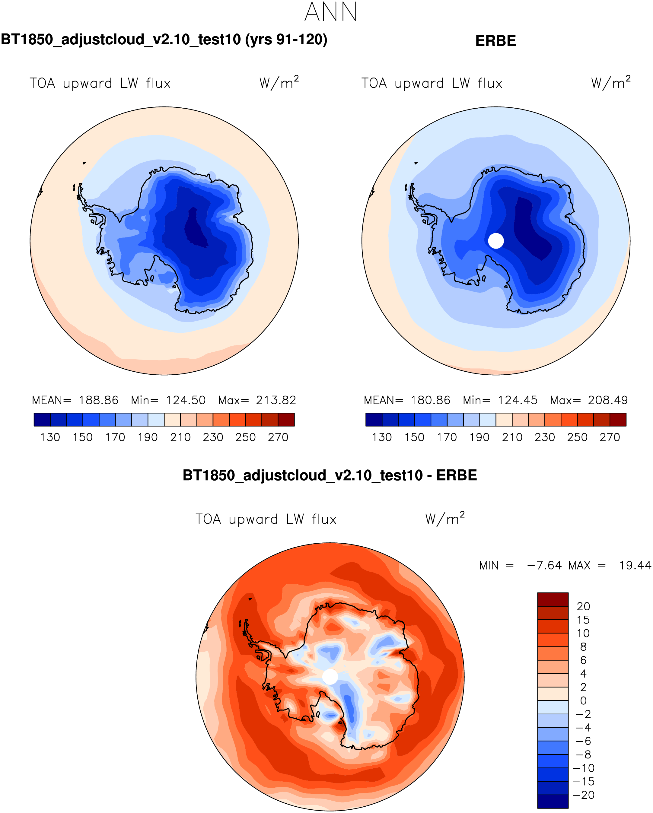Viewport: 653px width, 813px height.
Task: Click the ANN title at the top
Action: [x=330, y=12]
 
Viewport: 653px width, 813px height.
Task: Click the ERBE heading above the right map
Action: [x=495, y=41]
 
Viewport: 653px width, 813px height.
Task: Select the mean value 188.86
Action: [x=98, y=400]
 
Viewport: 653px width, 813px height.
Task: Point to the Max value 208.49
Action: [x=607, y=400]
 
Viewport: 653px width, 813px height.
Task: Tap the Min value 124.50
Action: [x=186, y=400]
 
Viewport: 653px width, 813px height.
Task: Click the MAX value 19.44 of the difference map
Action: [x=635, y=566]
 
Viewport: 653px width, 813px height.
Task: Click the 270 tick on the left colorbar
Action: [x=278, y=437]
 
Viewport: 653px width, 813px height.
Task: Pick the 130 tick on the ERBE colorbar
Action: [x=382, y=437]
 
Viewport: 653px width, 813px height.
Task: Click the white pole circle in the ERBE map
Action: [x=496, y=241]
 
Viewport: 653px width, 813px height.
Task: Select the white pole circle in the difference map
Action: [x=330, y=676]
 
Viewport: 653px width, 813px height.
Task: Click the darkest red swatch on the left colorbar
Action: [x=286, y=420]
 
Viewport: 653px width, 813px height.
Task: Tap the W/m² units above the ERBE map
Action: [x=611, y=83]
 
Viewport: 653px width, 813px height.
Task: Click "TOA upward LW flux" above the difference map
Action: [x=266, y=519]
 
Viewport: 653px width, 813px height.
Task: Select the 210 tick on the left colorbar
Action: [x=180, y=437]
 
